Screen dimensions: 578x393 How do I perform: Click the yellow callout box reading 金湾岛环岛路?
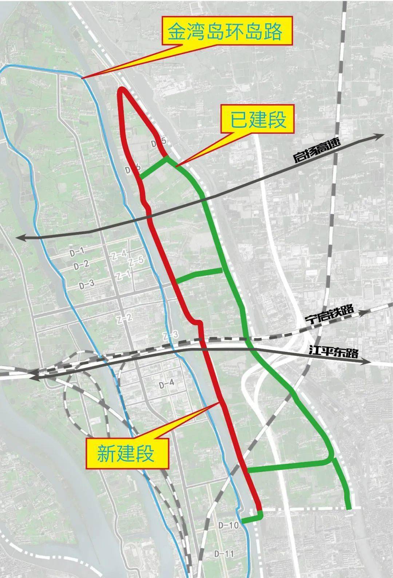[x=225, y=32]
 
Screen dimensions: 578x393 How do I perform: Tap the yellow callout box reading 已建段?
[x=258, y=119]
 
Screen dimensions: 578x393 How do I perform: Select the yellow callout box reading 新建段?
[x=127, y=453]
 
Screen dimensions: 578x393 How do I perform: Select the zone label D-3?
[x=87, y=284]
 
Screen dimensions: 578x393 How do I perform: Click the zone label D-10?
[x=229, y=525]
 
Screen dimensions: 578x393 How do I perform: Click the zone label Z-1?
[x=123, y=275]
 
